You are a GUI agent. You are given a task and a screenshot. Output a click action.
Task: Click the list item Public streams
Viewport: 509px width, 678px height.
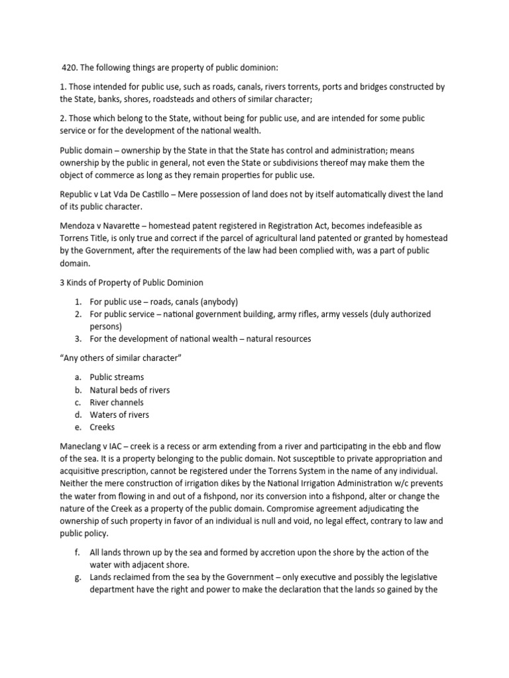(x=117, y=377)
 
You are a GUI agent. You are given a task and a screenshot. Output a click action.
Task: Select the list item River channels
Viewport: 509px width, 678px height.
(x=117, y=402)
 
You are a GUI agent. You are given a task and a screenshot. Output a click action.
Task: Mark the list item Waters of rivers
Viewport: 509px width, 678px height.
(x=119, y=414)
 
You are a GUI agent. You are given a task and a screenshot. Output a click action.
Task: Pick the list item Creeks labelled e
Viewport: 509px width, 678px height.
(x=102, y=427)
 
